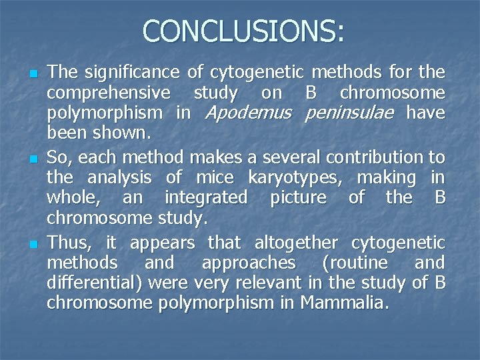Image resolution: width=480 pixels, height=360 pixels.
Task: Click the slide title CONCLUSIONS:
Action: (x=243, y=31)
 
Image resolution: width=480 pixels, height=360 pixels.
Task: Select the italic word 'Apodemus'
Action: (x=248, y=113)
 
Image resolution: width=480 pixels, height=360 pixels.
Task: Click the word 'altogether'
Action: (x=288, y=242)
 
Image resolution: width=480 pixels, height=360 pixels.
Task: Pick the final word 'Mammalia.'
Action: (x=344, y=303)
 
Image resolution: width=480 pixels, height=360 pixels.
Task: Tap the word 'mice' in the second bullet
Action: (x=214, y=178)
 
